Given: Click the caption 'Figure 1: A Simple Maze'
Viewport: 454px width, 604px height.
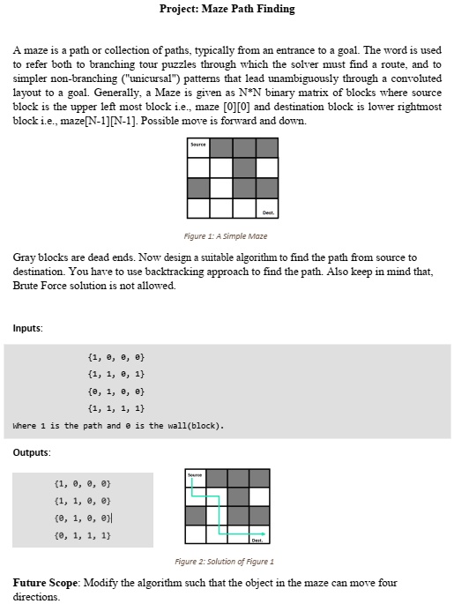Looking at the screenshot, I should [x=226, y=235].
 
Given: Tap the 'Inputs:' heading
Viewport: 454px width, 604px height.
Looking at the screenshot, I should [x=29, y=328].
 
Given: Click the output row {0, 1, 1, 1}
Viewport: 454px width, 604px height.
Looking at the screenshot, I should [x=81, y=534].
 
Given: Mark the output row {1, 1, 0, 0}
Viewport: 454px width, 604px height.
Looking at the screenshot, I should [x=81, y=501].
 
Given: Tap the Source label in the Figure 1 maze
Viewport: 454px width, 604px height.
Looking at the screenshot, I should [x=198, y=145].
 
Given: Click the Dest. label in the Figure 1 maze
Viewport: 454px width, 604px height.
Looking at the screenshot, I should [x=267, y=211].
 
